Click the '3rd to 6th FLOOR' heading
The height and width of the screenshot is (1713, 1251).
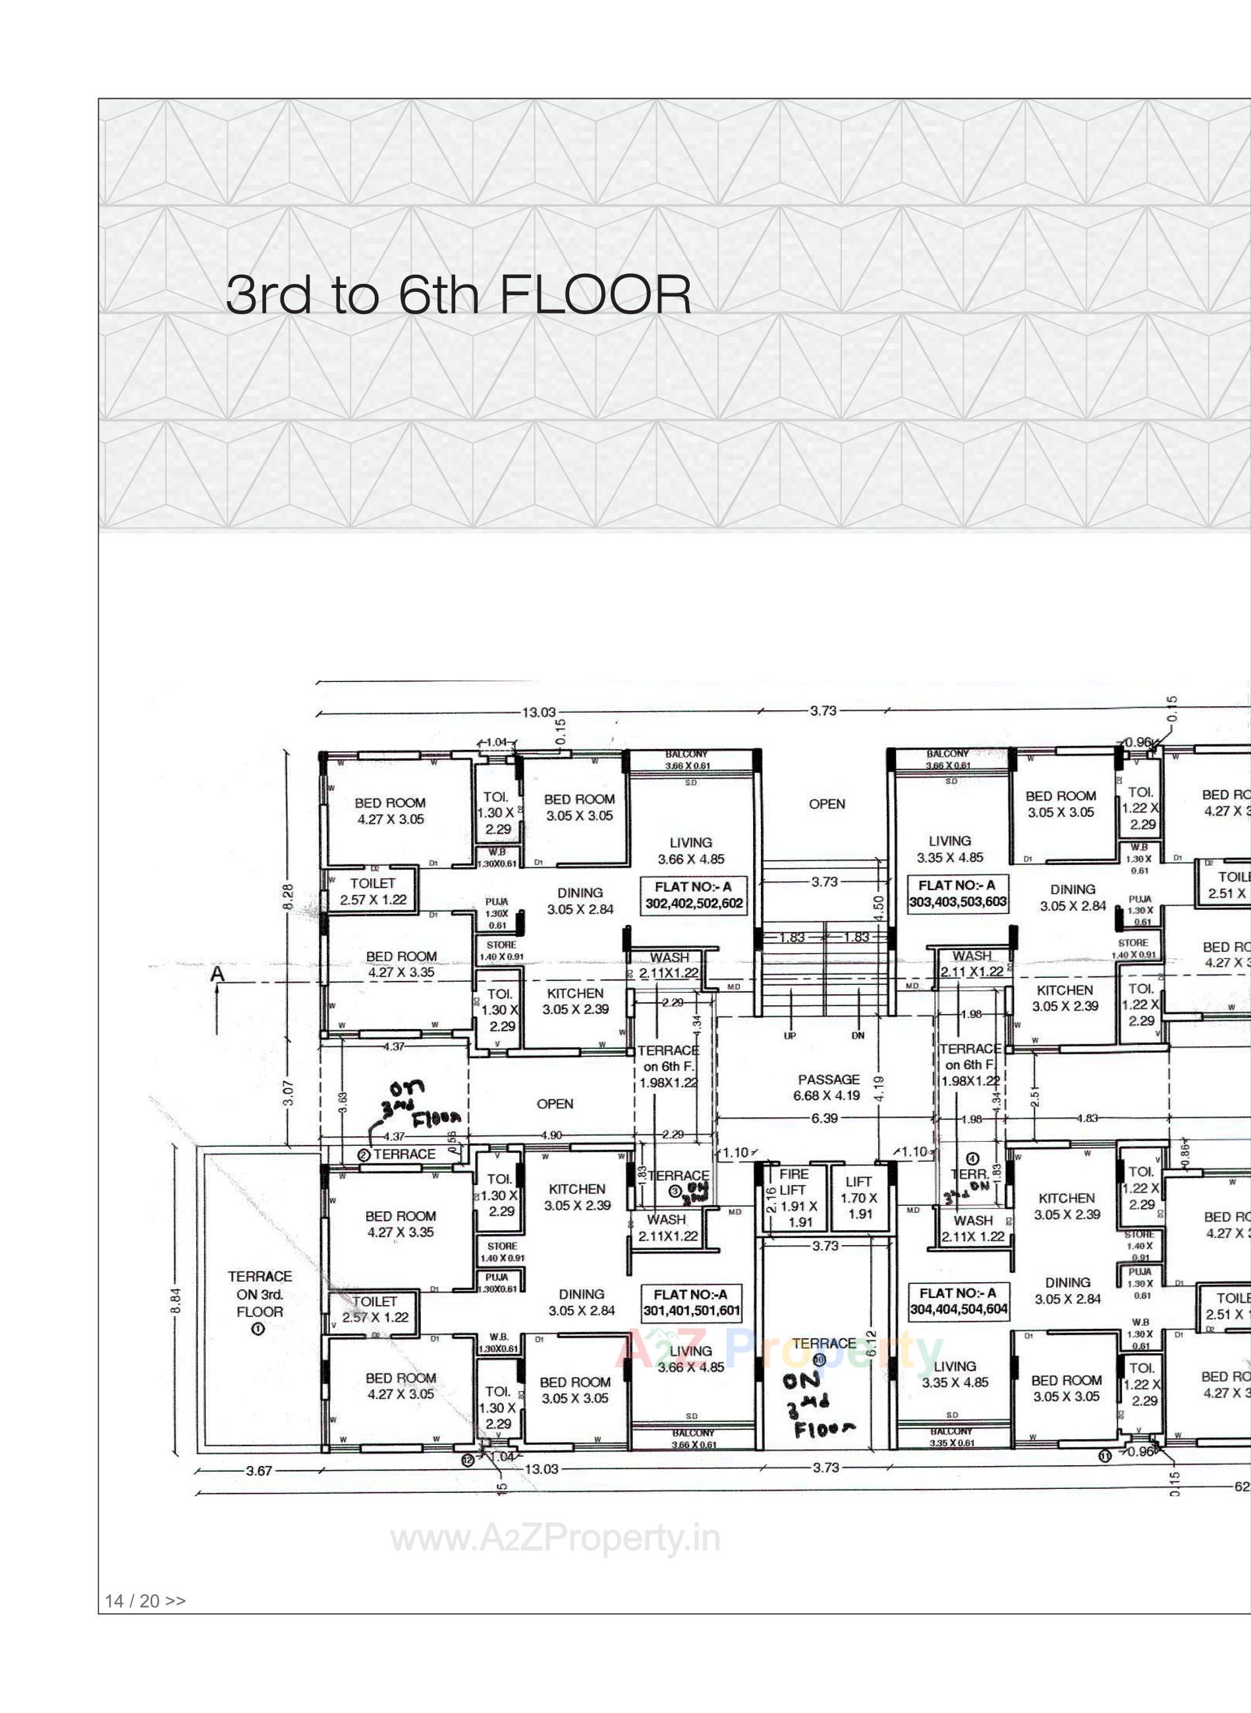pyautogui.click(x=458, y=295)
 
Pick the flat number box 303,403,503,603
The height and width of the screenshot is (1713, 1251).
pyautogui.click(x=957, y=893)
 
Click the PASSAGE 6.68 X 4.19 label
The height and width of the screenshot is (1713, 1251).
pyautogui.click(x=829, y=1086)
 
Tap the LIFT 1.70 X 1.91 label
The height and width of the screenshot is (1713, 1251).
pyautogui.click(x=859, y=1197)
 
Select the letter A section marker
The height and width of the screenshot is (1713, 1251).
pyautogui.click(x=217, y=974)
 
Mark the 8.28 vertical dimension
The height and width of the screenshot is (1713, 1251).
pyautogui.click(x=289, y=897)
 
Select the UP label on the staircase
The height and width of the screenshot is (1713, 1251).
pyautogui.click(x=789, y=1035)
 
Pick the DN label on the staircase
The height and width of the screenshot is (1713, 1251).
pyautogui.click(x=857, y=1035)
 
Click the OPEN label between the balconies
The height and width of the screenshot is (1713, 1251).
pyautogui.click(x=826, y=804)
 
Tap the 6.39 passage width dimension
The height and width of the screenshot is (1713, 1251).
pyautogui.click(x=824, y=1118)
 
